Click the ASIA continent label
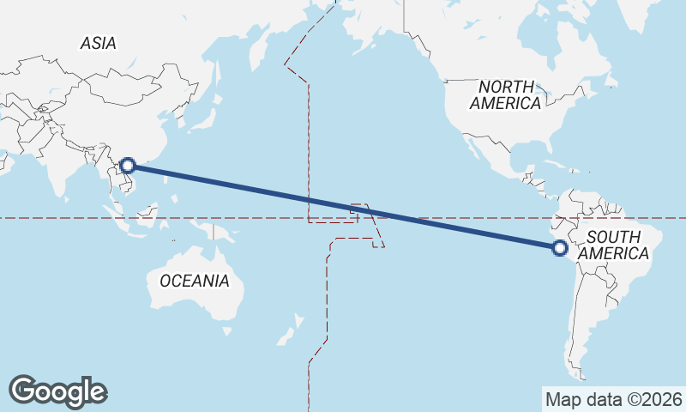click(98, 43)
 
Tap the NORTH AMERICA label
click(505, 94)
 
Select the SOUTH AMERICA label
click(613, 245)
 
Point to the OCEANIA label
click(194, 281)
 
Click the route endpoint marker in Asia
click(128, 166)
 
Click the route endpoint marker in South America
click(559, 249)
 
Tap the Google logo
click(57, 391)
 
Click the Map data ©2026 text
click(614, 399)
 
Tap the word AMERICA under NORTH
click(505, 104)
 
